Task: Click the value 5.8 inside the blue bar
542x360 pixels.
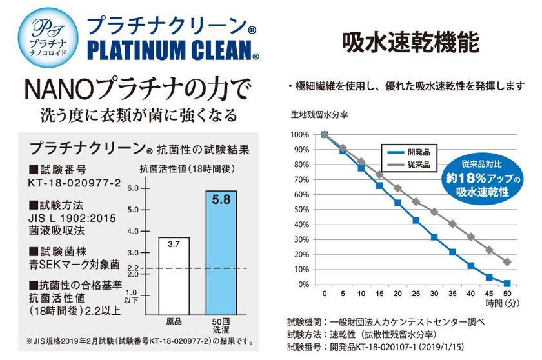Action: point(221,201)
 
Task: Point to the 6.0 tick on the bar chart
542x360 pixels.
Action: point(134,188)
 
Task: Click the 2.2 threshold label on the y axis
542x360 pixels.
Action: point(133,268)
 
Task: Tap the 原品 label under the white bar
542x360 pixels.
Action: point(174,321)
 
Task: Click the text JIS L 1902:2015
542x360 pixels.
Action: point(73,218)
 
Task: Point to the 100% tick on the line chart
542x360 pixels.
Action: point(301,135)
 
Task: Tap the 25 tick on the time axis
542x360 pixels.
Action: point(416,294)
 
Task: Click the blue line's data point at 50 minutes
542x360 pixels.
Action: point(507,283)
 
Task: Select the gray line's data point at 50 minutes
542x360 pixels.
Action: point(507,262)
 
